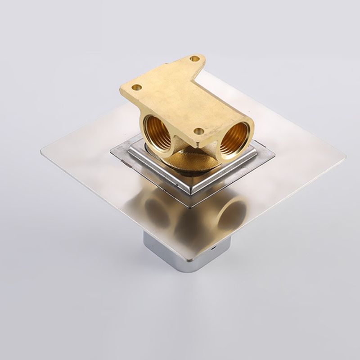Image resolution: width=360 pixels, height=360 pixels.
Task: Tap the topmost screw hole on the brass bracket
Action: (x=194, y=58)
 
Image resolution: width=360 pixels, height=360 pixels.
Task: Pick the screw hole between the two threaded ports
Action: (x=198, y=131)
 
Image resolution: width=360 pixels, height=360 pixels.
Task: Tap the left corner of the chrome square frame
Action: (x=111, y=152)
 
